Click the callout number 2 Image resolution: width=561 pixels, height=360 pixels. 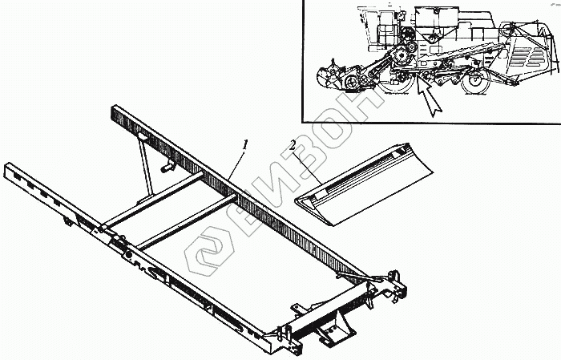point(294,148)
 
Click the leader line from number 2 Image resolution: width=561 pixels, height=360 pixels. point(308,164)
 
